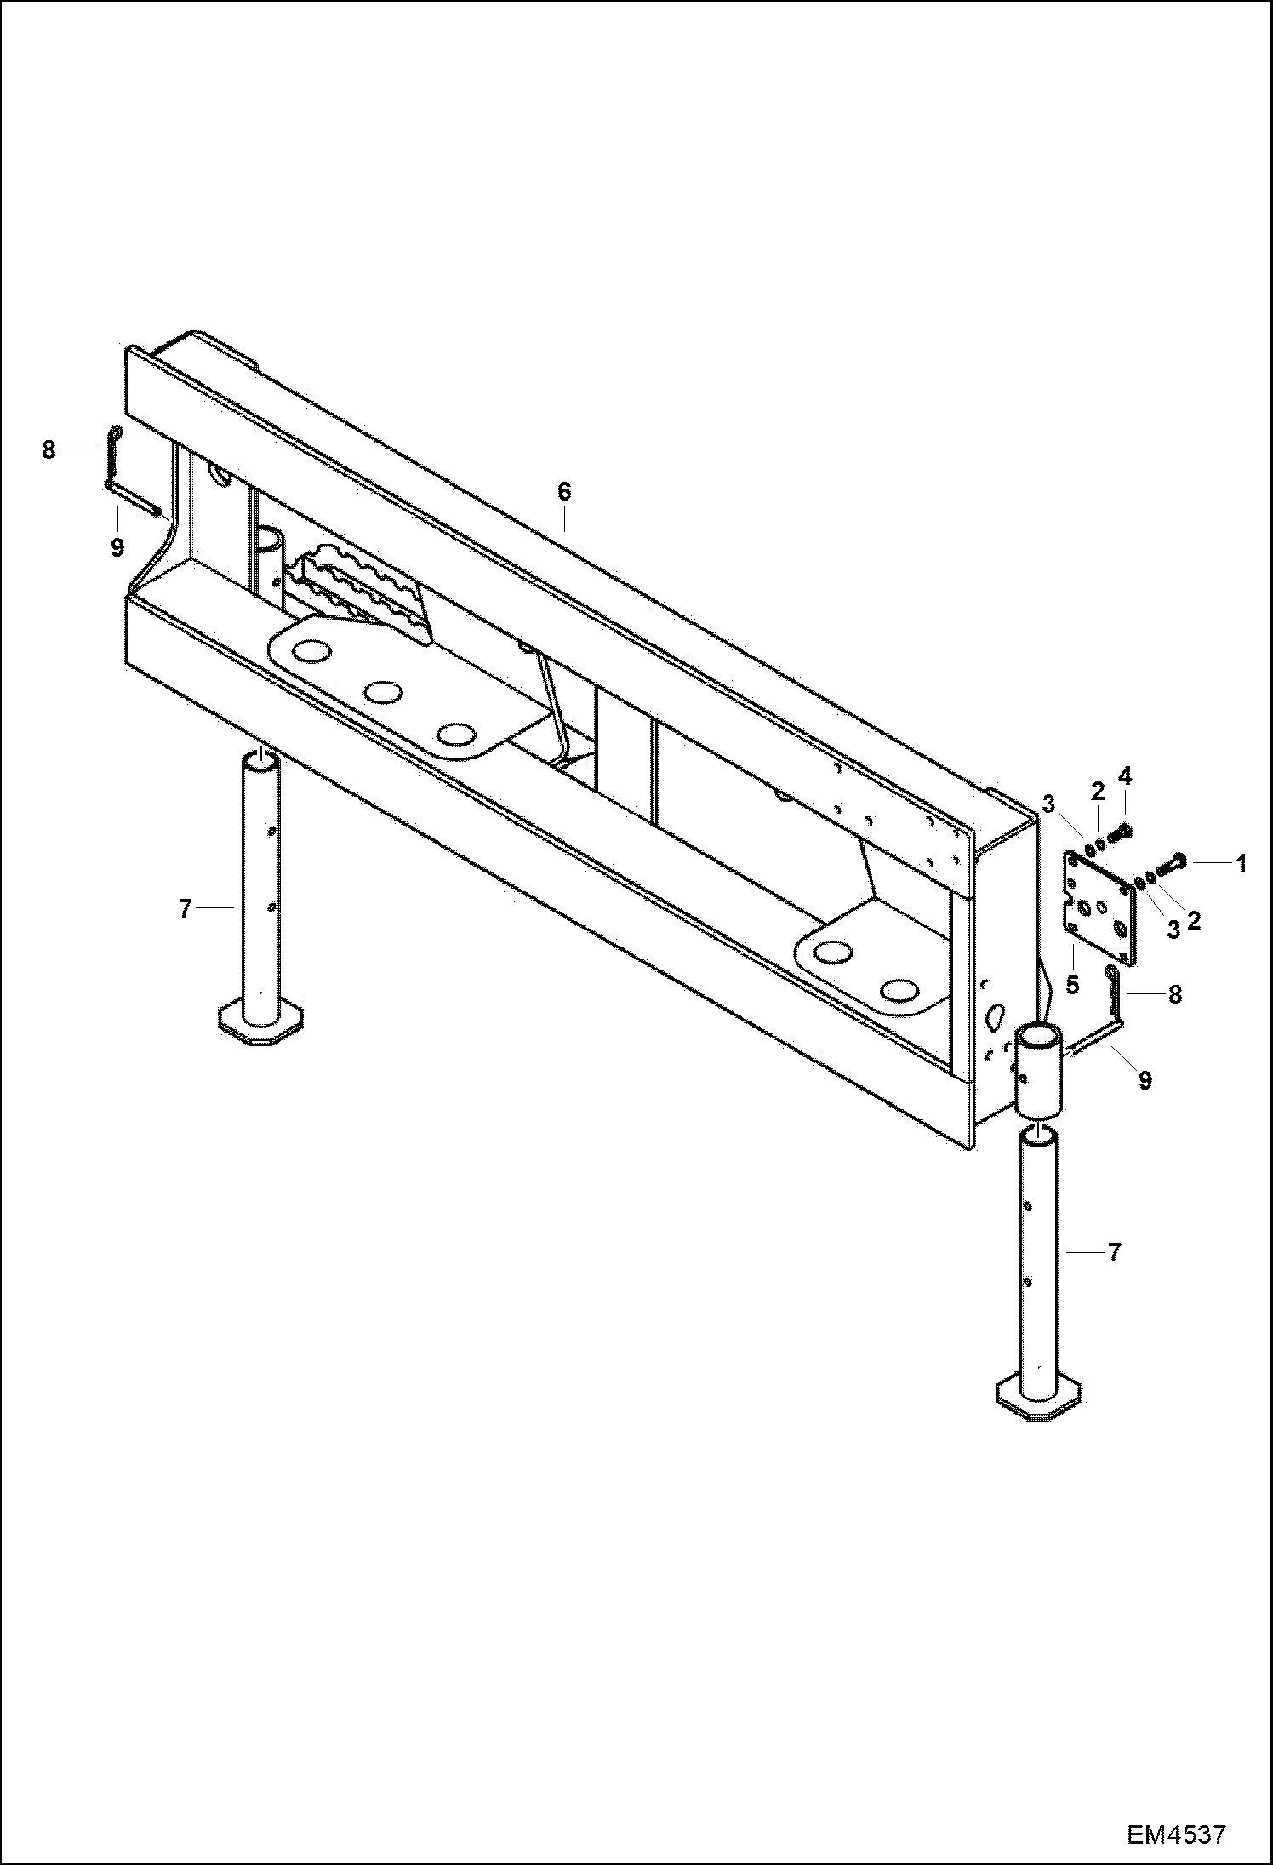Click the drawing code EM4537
pyautogui.click(x=1177, y=1831)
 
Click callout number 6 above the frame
pyautogui.click(x=563, y=491)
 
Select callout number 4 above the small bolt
pyautogui.click(x=1125, y=775)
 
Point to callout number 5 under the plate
pyautogui.click(x=1072, y=985)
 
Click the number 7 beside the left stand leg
pyautogui.click(x=186, y=909)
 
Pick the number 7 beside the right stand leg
pyautogui.click(x=1115, y=1252)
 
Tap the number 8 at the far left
pyautogui.click(x=49, y=449)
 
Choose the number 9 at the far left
pyautogui.click(x=117, y=546)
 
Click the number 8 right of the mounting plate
pyautogui.click(x=1175, y=993)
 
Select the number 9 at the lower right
pyautogui.click(x=1145, y=1080)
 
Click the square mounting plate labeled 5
pyautogui.click(x=1099, y=908)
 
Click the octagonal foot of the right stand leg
pyautogui.click(x=1037, y=1399)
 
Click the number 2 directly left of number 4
pyautogui.click(x=1098, y=791)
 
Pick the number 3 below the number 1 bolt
pyautogui.click(x=1173, y=930)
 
